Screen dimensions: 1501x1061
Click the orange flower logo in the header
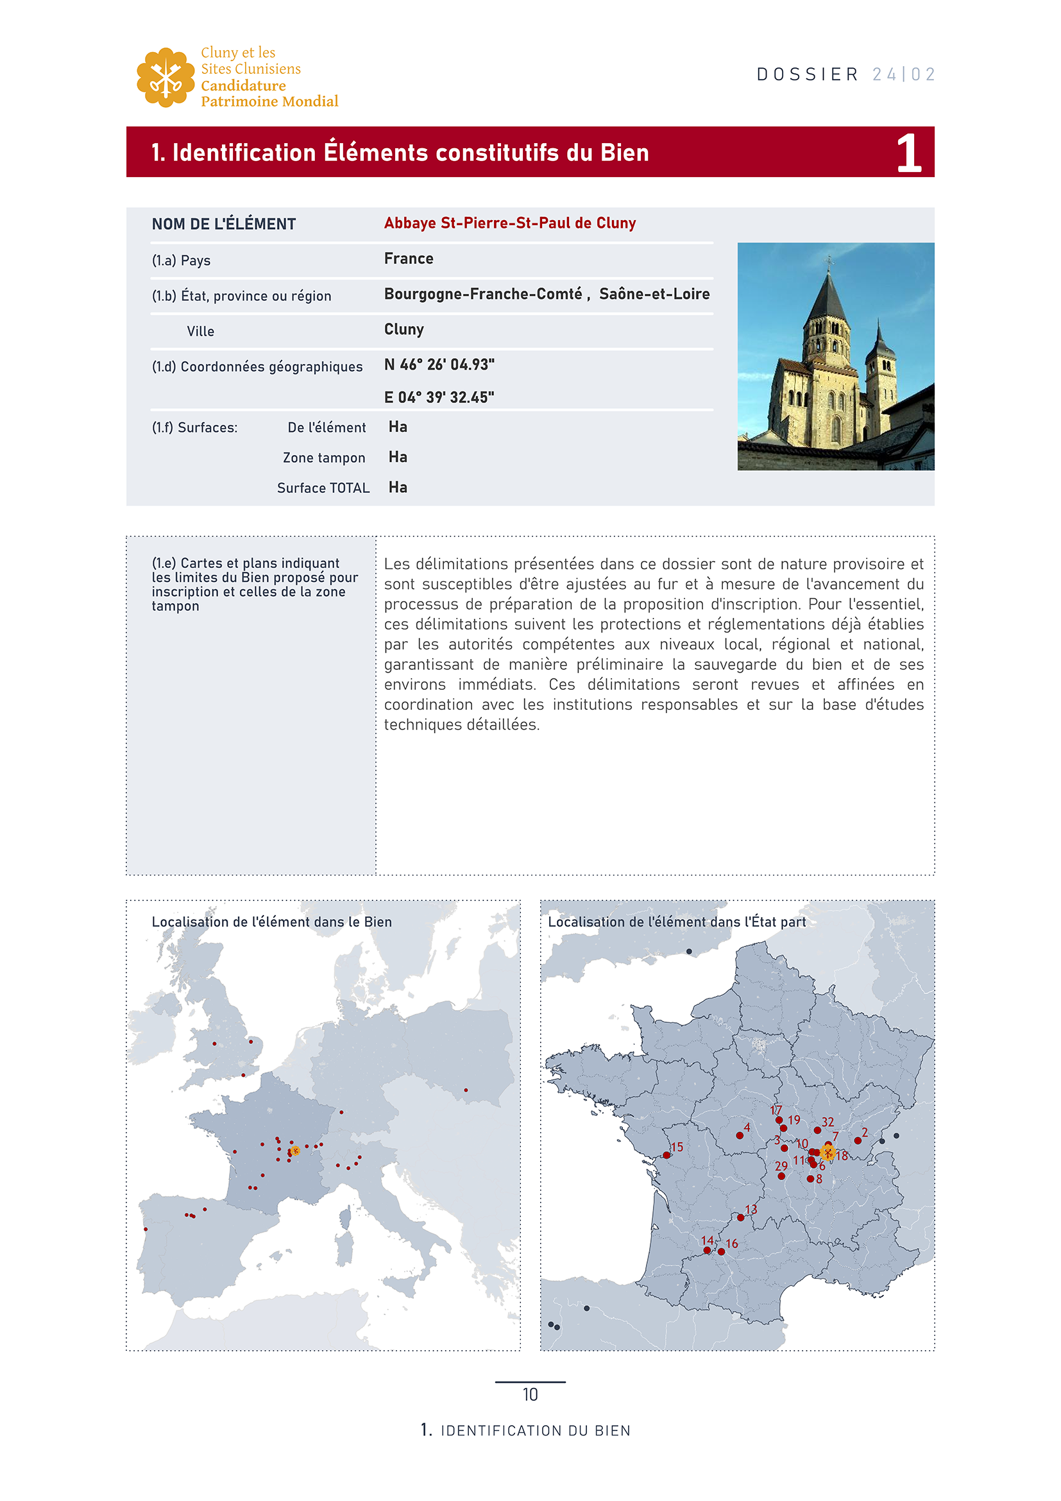click(x=166, y=77)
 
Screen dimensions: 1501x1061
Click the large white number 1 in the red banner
click(x=909, y=153)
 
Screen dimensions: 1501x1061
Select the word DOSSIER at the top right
click(x=808, y=74)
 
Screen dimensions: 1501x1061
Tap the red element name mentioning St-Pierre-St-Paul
click(x=509, y=223)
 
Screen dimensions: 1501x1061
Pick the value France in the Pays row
click(x=409, y=259)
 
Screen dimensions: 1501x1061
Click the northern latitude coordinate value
click(x=439, y=365)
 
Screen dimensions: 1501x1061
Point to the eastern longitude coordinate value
click(x=439, y=397)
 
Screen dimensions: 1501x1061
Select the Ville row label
click(x=201, y=331)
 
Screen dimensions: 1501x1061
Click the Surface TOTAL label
click(x=323, y=488)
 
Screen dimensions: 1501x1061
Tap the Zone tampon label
click(x=323, y=458)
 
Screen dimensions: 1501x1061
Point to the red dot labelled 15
click(x=666, y=1155)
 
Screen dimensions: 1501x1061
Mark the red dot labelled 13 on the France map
click(x=740, y=1217)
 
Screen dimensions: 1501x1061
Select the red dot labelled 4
click(x=740, y=1136)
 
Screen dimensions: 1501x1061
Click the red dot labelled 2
click(x=858, y=1141)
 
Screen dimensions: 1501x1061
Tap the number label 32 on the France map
click(x=828, y=1122)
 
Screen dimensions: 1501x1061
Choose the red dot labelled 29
click(x=781, y=1176)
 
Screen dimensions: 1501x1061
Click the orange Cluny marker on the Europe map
click(x=295, y=1151)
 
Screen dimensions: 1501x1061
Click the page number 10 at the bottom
click(x=530, y=1394)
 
